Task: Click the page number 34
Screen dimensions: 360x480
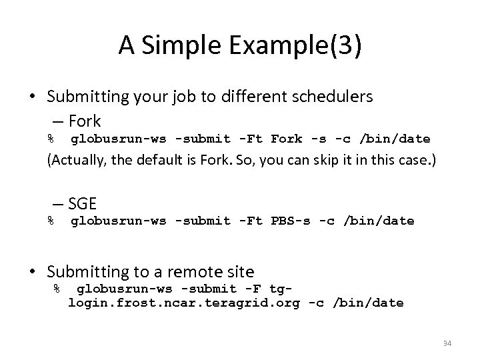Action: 447,344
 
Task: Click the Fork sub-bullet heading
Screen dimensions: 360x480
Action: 83,121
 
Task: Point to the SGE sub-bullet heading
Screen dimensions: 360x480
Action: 82,203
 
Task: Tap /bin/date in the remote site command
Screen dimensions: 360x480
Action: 371,303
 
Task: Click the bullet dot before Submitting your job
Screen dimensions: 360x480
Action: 31,97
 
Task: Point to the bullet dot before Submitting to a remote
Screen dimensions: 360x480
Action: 31,271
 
